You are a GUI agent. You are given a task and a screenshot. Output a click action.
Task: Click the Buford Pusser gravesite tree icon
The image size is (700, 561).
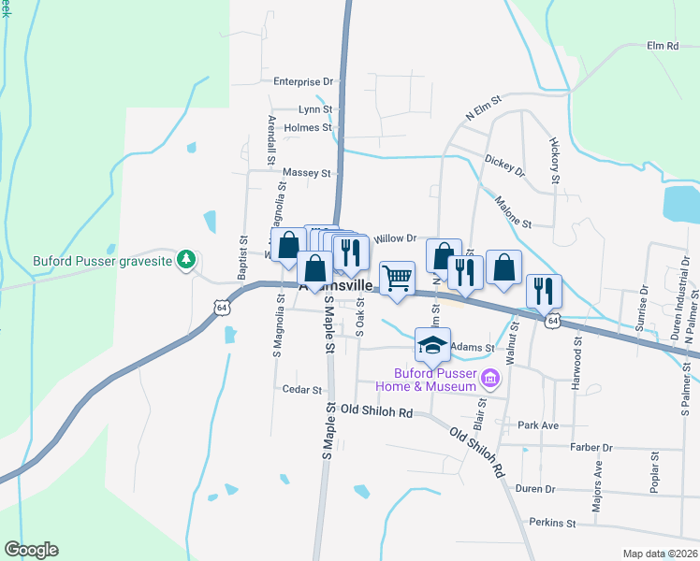click(x=187, y=260)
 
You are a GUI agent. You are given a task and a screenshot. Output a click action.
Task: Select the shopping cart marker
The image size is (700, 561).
click(x=398, y=277)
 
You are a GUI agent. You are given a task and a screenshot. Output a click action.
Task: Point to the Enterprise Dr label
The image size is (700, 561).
click(x=303, y=81)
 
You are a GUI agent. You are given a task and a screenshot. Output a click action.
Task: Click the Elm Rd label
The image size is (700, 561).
click(x=662, y=45)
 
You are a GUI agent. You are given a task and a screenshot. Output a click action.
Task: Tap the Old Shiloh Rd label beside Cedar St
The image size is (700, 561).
click(x=376, y=410)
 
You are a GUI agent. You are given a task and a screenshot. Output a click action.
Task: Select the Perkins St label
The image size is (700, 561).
click(x=550, y=523)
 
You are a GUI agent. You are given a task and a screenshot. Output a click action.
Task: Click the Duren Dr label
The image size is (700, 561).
click(x=535, y=489)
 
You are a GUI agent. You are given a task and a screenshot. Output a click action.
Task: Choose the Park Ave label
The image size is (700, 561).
click(x=538, y=425)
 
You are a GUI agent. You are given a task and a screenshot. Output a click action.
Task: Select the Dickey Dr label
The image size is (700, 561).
click(x=505, y=166)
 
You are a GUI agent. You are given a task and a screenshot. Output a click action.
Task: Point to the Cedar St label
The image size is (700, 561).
click(x=301, y=390)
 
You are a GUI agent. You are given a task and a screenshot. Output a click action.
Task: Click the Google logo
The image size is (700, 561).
click(x=31, y=550)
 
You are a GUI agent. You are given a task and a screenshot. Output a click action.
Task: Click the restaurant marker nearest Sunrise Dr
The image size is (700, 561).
click(x=543, y=291)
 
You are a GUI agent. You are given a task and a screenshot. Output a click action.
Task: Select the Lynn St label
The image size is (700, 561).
click(x=315, y=109)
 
